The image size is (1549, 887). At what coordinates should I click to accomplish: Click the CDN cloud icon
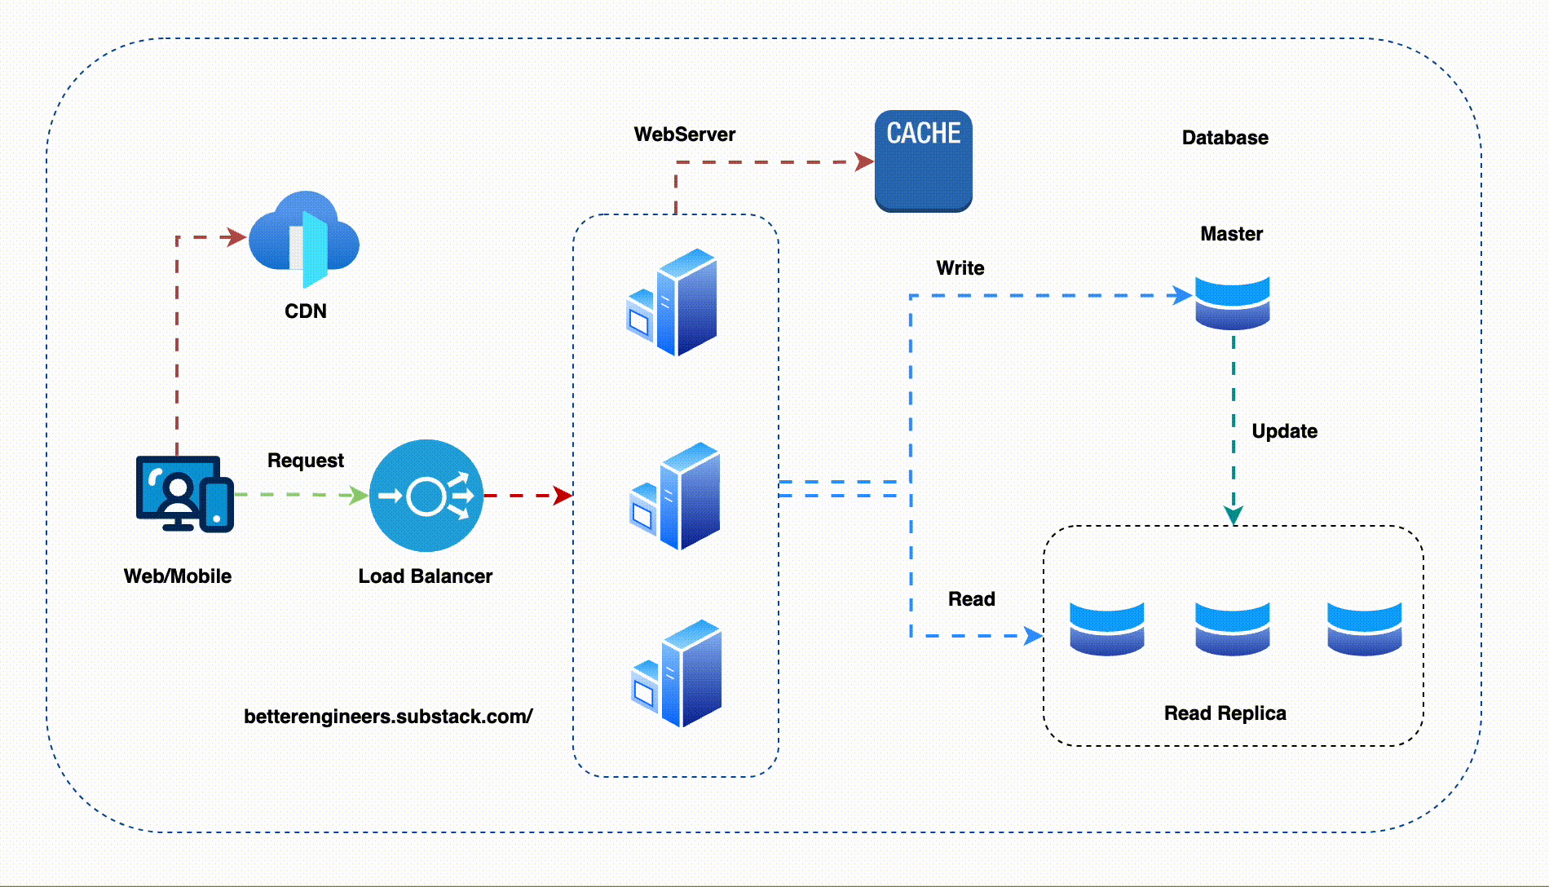click(304, 237)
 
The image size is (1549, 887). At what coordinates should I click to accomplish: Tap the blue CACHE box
click(923, 161)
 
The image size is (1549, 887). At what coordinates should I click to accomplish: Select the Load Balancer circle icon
click(426, 496)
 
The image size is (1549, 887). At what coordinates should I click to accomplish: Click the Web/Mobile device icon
click(184, 494)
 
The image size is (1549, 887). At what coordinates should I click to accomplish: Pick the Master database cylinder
click(1232, 302)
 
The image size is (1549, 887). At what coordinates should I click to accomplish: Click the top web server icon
click(673, 302)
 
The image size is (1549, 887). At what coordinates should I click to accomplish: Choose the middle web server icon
click(675, 496)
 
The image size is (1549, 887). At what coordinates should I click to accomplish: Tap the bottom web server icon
click(677, 673)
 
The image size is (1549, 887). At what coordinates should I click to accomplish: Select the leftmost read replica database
click(1106, 629)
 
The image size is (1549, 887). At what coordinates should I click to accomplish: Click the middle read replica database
click(1232, 629)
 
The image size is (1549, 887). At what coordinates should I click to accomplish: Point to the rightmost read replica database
click(1364, 629)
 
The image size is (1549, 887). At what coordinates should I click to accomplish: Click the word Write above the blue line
click(960, 268)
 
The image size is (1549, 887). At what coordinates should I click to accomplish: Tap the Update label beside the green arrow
click(1284, 431)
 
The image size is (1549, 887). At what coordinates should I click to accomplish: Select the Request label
click(306, 461)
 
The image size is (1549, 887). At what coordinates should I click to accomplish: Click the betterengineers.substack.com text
click(388, 717)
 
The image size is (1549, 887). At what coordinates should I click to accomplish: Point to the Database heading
click(1225, 138)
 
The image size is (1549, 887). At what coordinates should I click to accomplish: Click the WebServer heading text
click(684, 135)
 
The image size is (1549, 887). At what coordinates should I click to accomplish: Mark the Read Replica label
click(1225, 713)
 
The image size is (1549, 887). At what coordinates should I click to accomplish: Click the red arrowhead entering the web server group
click(563, 495)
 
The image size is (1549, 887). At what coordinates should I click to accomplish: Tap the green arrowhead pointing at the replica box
click(1233, 515)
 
